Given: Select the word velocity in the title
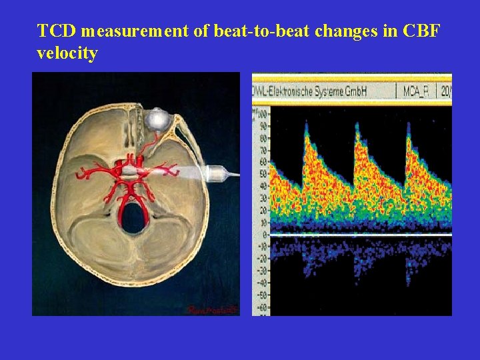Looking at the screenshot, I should [x=67, y=53].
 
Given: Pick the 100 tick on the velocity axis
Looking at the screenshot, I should [x=260, y=115].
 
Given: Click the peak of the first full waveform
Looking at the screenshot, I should [x=306, y=125].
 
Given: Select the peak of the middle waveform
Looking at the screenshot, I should [x=357, y=125].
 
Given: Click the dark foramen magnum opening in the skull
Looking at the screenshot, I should [x=133, y=219].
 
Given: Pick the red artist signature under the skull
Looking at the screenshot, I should [x=211, y=309].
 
